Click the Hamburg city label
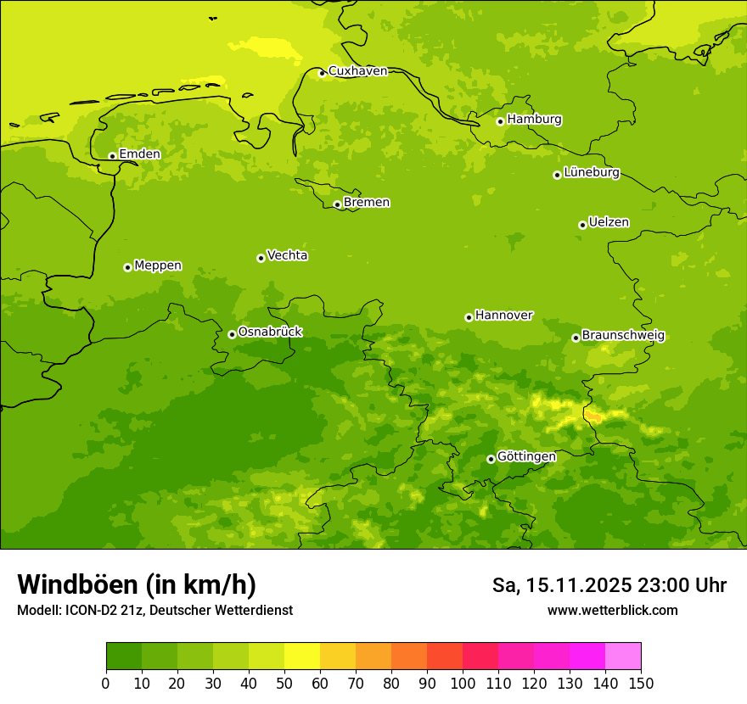[x=534, y=120]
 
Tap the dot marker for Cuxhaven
[x=322, y=73]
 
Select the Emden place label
[x=139, y=154]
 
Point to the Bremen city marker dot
[x=337, y=204]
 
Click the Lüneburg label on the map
[x=592, y=173]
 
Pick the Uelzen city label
[x=609, y=223]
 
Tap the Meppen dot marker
[x=127, y=267]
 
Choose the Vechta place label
[x=287, y=255]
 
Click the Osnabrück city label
[x=270, y=332]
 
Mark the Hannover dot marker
[x=469, y=317]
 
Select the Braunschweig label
[x=623, y=336]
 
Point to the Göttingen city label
[x=526, y=457]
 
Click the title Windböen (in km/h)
[x=137, y=584]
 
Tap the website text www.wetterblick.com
[x=612, y=611]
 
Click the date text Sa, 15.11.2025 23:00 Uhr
[x=609, y=585]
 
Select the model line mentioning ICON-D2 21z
[x=154, y=611]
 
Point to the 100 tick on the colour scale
[x=463, y=683]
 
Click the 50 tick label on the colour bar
[x=284, y=683]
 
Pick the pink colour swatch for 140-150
[x=623, y=657]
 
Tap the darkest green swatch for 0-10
[x=124, y=657]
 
